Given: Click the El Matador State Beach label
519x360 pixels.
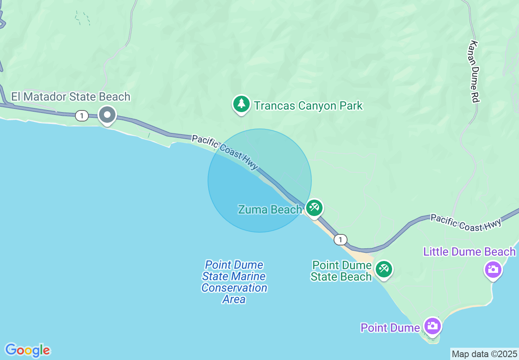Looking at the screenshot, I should pyautogui.click(x=70, y=97).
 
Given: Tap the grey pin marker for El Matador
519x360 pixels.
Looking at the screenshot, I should pyautogui.click(x=107, y=115).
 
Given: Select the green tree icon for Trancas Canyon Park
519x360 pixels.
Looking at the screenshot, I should pyautogui.click(x=241, y=104).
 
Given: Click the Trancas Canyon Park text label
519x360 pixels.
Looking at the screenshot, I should pyautogui.click(x=308, y=106).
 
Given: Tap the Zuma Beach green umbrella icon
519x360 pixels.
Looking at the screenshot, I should pyautogui.click(x=314, y=208).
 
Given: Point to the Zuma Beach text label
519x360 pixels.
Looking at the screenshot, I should pyautogui.click(x=270, y=210).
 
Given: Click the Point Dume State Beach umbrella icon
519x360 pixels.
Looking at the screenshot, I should pyautogui.click(x=384, y=269).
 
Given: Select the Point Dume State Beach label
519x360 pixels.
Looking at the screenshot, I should pyautogui.click(x=341, y=271).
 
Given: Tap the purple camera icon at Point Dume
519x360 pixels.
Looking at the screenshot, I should pyautogui.click(x=432, y=326).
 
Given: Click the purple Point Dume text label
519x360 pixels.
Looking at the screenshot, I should pyautogui.click(x=390, y=328).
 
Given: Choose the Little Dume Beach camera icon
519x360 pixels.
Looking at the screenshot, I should pyautogui.click(x=493, y=270).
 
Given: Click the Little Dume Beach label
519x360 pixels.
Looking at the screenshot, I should pyautogui.click(x=469, y=252).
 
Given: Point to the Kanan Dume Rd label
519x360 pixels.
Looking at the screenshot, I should pyautogui.click(x=474, y=71).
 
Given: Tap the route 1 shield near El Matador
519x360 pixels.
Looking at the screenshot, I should pyautogui.click(x=82, y=116).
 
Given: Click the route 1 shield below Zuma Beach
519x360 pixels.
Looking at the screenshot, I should pyautogui.click(x=340, y=239).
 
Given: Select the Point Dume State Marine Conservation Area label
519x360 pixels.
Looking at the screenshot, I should pyautogui.click(x=234, y=282).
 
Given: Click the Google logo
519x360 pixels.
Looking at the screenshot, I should pyautogui.click(x=27, y=350).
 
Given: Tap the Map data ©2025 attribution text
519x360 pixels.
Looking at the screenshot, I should pyautogui.click(x=484, y=354).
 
